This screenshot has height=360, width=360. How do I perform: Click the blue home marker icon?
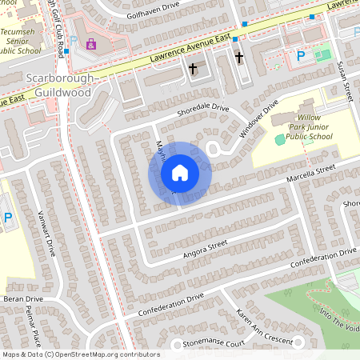[x=180, y=173]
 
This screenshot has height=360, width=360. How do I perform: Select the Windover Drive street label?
[x=258, y=118]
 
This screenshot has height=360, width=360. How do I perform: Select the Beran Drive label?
[x=17, y=298]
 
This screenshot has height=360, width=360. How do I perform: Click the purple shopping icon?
[x=90, y=43]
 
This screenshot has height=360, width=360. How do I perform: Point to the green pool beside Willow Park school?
[x=279, y=139]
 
